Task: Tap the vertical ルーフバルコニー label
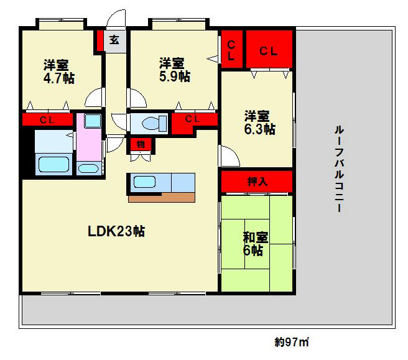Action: (340, 168)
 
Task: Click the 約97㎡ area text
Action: (292, 341)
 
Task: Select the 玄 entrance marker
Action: (114, 41)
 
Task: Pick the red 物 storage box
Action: (141, 144)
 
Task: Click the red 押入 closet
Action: (256, 182)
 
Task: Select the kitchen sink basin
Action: (146, 182)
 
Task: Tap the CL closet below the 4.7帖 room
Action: (46, 119)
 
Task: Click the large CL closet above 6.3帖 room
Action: (269, 50)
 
